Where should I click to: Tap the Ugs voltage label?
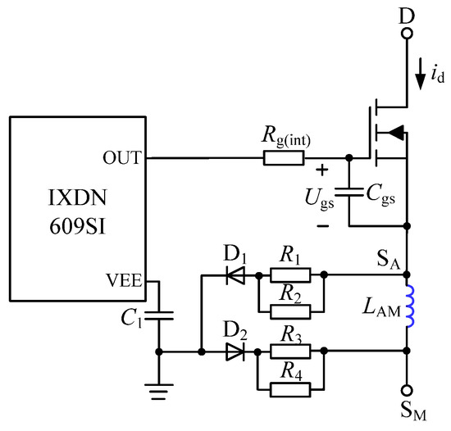tap(316, 197)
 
